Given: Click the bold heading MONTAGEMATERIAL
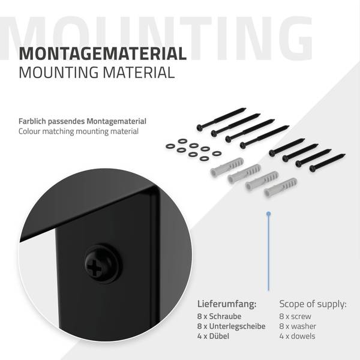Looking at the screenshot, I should pos(103,53).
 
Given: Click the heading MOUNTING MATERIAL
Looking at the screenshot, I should pos(97,73).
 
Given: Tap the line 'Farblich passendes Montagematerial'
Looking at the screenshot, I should pos(82,121).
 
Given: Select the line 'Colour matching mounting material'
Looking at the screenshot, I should pos(79,131).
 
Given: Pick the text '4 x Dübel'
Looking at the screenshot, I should pos(213,336).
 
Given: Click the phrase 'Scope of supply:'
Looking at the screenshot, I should pos(313,304).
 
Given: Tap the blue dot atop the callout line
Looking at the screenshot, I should pos(268,214).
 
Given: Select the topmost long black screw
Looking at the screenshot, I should pos(221,119).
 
